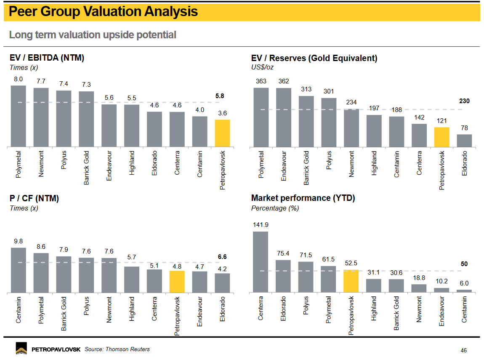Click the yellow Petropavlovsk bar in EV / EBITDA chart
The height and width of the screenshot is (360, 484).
[x=222, y=133]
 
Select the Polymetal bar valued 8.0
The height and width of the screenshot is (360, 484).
[x=18, y=116]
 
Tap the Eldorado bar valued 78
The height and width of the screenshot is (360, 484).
[x=464, y=141]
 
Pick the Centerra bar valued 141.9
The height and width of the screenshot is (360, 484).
[x=261, y=262]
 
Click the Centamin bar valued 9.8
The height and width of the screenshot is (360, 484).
[x=18, y=270]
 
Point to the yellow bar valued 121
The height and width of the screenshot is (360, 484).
[x=441, y=137]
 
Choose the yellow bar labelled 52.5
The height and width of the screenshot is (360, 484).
[x=351, y=281]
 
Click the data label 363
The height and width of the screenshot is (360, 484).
[x=261, y=81]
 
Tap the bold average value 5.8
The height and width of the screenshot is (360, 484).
[x=220, y=96]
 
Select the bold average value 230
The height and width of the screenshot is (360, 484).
[x=464, y=101]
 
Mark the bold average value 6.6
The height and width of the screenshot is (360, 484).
[x=222, y=256]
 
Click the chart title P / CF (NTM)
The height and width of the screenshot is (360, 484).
[x=34, y=198]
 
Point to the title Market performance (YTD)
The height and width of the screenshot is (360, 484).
[x=303, y=198]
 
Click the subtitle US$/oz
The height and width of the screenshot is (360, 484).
[x=262, y=67]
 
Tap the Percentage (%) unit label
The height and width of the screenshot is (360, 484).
[x=275, y=208]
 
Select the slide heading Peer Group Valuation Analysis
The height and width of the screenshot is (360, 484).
[x=103, y=12]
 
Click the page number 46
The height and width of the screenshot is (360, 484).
[x=463, y=350]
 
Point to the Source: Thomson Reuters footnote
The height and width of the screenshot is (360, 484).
[x=117, y=349]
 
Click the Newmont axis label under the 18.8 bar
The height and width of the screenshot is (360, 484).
[x=419, y=309]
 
